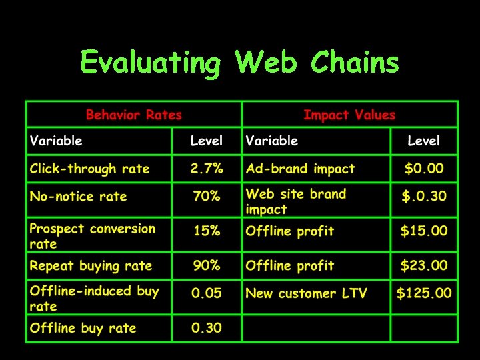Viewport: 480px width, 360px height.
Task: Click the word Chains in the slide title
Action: (355, 63)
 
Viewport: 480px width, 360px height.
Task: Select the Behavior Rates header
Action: (133, 115)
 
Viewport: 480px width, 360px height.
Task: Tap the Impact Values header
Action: (349, 115)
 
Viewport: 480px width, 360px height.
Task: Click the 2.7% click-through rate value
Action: (207, 169)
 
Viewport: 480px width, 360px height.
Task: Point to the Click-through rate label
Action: (89, 169)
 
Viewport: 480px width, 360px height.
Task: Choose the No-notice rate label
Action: (78, 197)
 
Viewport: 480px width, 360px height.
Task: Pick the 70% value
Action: (207, 197)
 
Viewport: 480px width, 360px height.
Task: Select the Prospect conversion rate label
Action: (92, 236)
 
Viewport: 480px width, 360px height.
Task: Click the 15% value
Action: (207, 231)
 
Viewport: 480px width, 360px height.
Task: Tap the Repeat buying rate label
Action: (91, 266)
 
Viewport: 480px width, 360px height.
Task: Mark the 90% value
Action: (207, 266)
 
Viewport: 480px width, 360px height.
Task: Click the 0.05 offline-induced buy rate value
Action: (207, 293)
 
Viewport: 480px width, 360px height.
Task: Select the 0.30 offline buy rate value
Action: (207, 328)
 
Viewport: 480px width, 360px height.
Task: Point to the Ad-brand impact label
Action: (300, 169)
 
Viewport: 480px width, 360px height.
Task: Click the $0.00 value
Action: (424, 169)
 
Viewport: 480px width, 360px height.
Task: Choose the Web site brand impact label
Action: (296, 201)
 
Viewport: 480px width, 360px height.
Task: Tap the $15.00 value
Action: (424, 231)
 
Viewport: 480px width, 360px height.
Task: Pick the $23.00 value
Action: (424, 266)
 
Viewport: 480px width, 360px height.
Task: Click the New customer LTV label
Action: (306, 293)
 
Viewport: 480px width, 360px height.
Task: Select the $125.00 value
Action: (424, 293)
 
